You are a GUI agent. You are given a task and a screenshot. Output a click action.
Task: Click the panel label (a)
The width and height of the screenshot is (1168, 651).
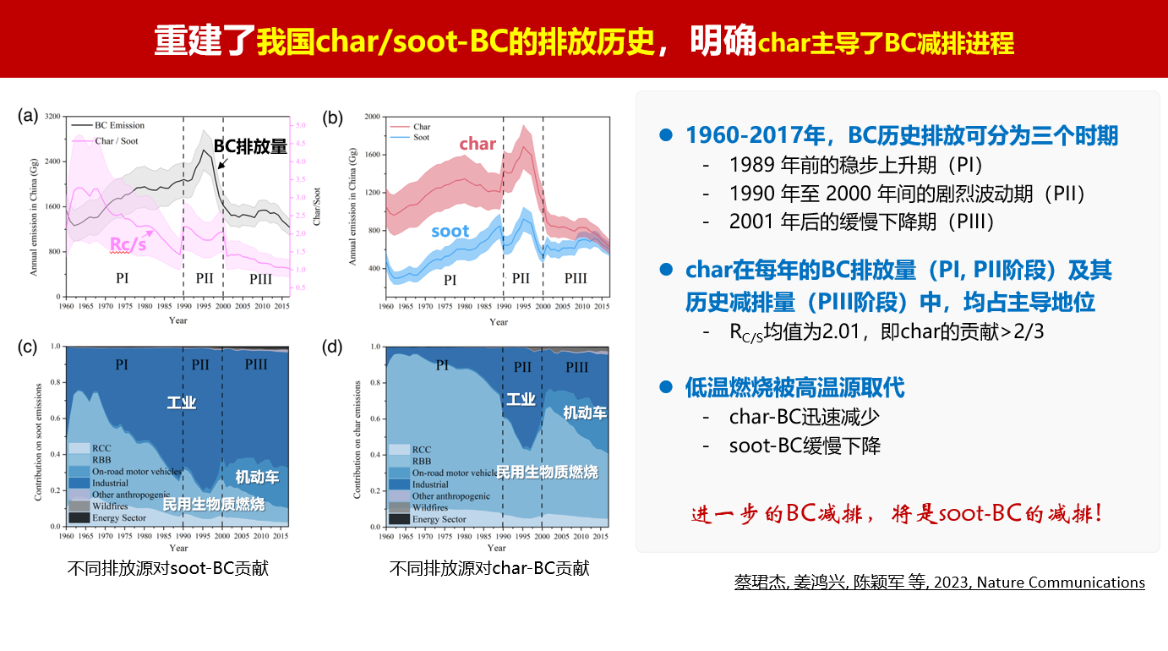(29, 117)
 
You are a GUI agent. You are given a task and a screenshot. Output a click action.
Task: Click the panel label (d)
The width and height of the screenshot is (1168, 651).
(332, 345)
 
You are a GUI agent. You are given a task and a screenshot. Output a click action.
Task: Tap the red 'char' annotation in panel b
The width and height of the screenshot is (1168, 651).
(478, 144)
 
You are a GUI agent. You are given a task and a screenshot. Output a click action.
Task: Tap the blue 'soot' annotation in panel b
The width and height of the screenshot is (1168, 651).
(450, 231)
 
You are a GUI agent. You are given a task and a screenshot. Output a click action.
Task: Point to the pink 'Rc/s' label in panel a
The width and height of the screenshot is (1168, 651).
(128, 244)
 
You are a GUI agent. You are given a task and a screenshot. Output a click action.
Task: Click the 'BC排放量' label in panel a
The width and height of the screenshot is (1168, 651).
(250, 145)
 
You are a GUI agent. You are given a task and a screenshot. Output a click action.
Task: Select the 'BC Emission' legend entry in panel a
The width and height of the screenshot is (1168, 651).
(118, 124)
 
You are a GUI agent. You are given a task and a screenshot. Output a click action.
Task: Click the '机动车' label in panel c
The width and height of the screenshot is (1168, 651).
(257, 478)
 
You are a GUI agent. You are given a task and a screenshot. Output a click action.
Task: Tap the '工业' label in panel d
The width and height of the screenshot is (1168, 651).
(521, 399)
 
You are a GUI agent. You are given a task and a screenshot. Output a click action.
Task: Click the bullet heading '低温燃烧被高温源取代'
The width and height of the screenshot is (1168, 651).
(794, 388)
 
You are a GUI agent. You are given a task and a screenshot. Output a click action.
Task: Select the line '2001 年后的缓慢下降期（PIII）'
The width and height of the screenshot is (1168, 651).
(862, 222)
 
